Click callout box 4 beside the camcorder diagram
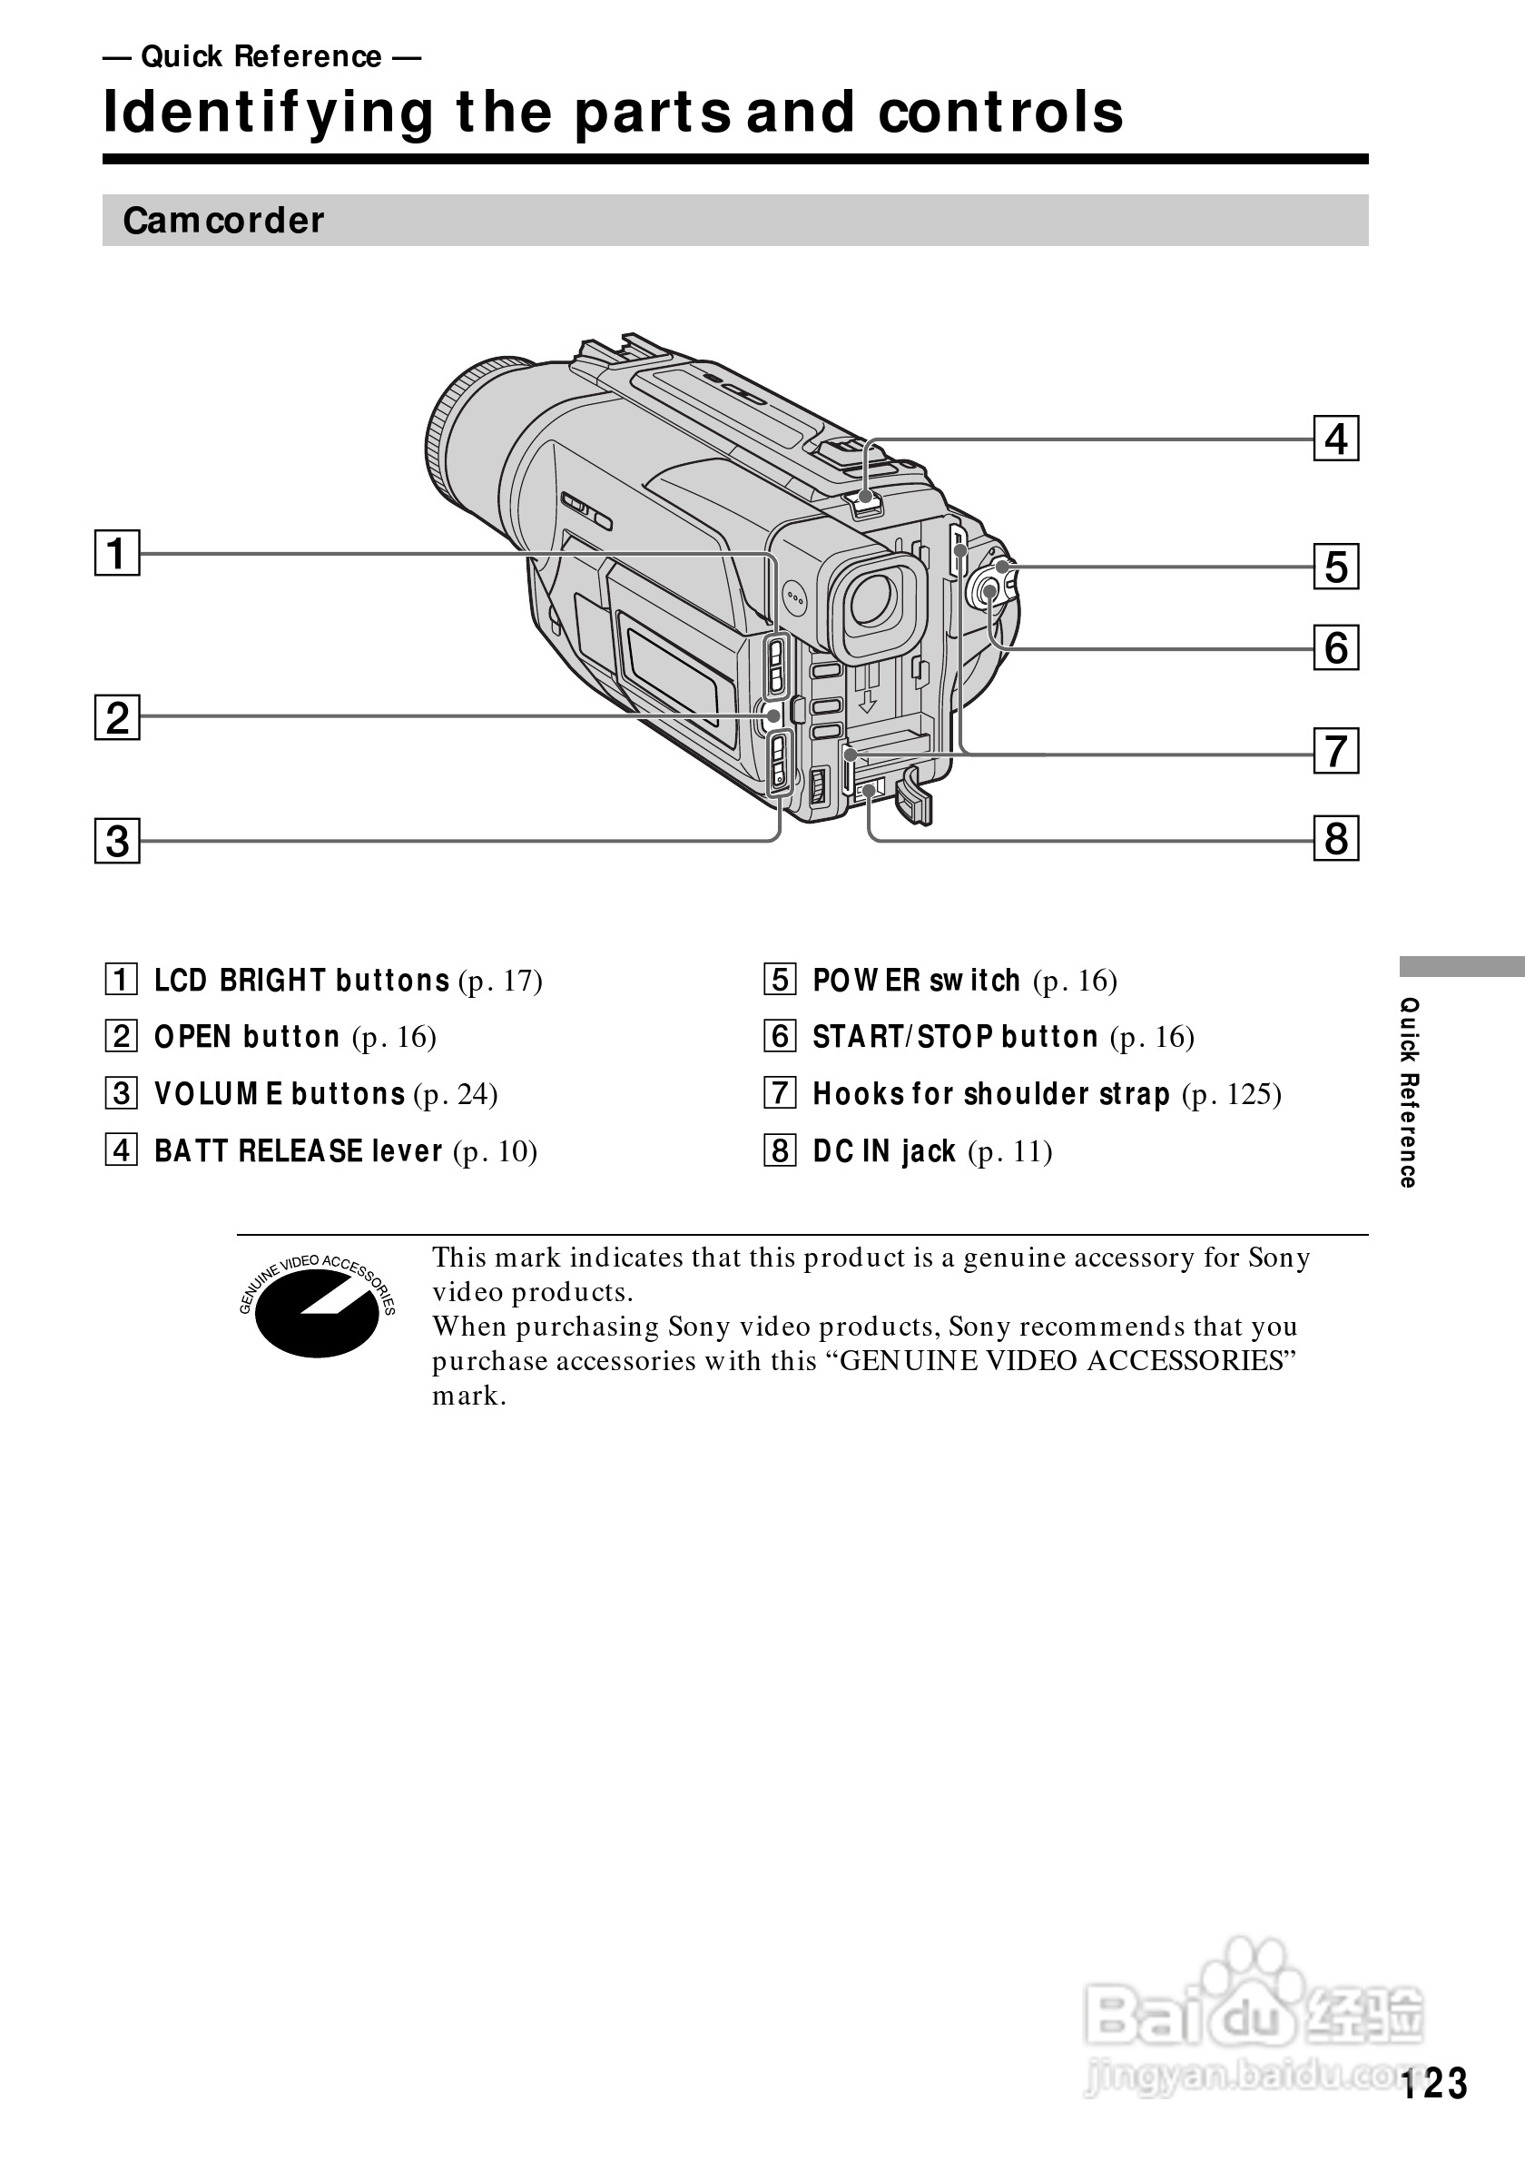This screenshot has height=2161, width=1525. [1335, 439]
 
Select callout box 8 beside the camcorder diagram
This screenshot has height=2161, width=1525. [1335, 839]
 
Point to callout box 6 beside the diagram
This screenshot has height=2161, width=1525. [1335, 648]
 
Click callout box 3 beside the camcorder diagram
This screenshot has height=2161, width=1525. [117, 841]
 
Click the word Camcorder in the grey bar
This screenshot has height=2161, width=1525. [223, 221]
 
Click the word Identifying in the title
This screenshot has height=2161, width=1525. [269, 112]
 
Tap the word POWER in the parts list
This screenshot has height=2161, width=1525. [867, 981]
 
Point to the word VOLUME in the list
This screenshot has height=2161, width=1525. [218, 1094]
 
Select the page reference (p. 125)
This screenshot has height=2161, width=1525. [1232, 1094]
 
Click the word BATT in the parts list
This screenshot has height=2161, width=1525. [192, 1151]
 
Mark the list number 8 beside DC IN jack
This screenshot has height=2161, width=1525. [780, 1150]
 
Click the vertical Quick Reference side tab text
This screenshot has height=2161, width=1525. [1408, 1091]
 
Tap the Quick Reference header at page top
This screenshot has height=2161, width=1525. [261, 57]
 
